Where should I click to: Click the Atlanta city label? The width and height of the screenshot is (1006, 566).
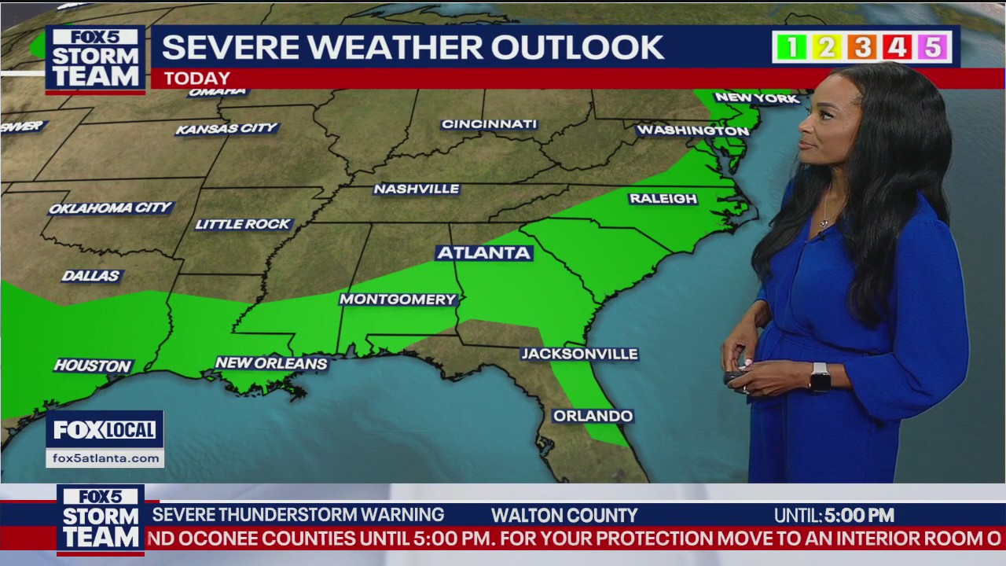coord(484,253)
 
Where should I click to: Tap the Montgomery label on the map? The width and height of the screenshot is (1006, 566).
coord(398,300)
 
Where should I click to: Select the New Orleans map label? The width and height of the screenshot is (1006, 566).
coord(271,363)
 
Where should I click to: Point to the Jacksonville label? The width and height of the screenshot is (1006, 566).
coord(580,355)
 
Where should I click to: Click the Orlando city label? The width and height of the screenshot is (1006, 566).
coord(593,416)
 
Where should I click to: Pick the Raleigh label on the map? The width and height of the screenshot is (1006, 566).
coord(663,199)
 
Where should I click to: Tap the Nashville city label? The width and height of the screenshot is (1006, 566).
coord(417,189)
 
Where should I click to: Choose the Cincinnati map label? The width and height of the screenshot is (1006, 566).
coord(489,124)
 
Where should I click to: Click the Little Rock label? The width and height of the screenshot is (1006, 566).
coord(243,225)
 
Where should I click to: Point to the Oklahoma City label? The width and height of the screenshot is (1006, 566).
coord(110,208)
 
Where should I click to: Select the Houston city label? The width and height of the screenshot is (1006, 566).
coord(93,366)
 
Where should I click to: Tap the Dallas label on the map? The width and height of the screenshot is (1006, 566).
coord(91,276)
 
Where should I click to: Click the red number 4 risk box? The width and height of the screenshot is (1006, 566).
coord(897,48)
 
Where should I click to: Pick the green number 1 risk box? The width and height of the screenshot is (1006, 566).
coord(791,48)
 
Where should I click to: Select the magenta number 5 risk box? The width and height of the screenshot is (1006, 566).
coord(932,48)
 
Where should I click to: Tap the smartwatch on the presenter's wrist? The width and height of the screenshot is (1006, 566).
coord(820,377)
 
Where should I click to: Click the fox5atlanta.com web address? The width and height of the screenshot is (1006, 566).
coord(105,458)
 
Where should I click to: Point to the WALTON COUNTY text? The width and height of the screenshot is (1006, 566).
coord(564,516)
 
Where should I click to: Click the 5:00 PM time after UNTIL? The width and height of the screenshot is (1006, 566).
coord(859,516)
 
